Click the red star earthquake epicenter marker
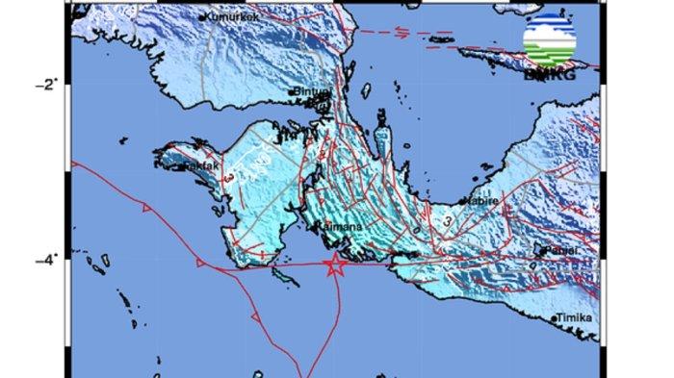(335, 265)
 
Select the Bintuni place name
(313, 93)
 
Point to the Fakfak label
(194, 165)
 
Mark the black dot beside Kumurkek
(203, 16)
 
